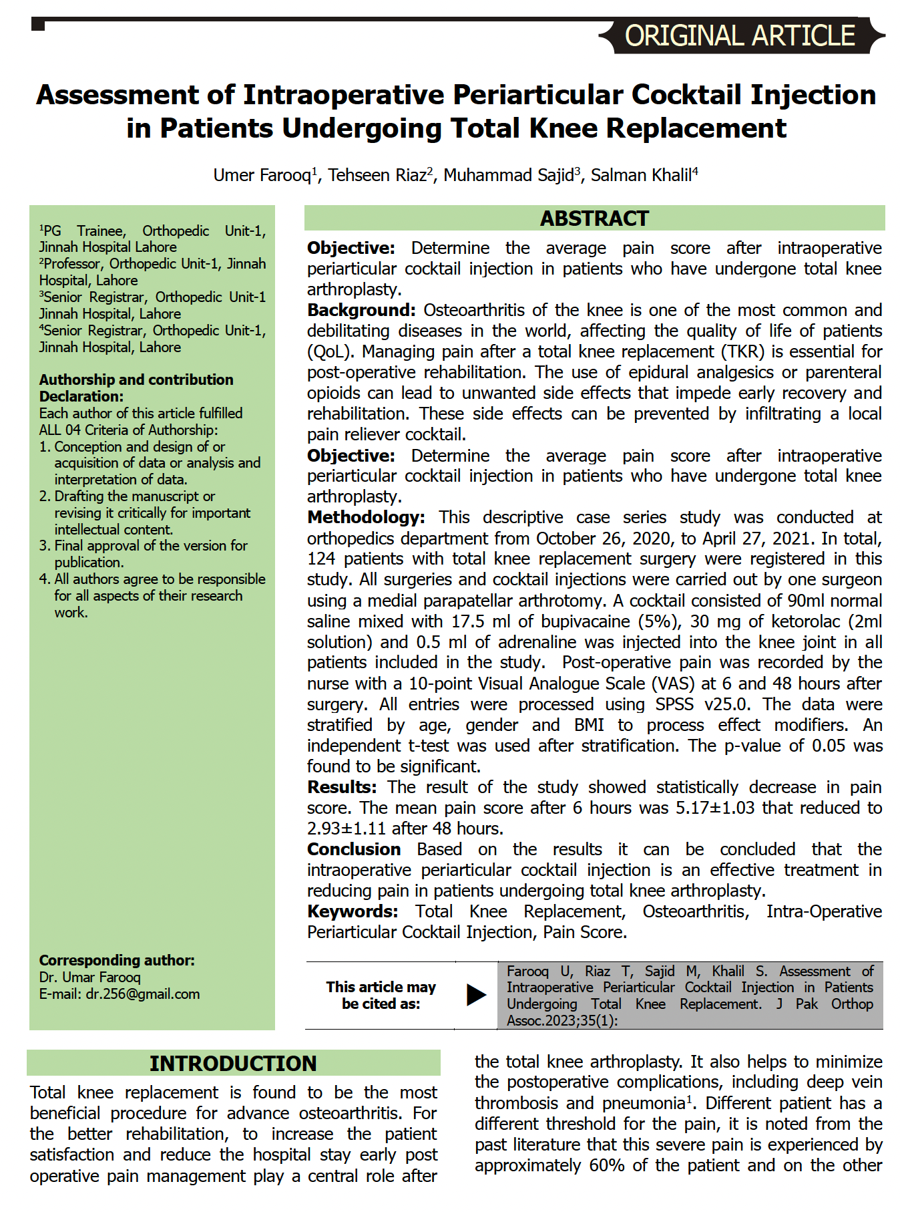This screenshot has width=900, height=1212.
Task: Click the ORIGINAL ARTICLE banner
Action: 740,36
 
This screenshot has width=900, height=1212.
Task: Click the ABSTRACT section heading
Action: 594,218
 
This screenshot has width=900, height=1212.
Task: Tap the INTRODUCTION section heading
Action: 233,1063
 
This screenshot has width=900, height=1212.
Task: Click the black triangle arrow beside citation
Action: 476,995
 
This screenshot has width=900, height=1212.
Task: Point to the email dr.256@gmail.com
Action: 143,994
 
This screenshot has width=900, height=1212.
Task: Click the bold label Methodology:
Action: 366,517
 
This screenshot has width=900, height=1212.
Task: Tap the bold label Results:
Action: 342,787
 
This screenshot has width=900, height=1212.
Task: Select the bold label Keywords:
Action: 353,911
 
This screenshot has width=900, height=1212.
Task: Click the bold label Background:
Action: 361,310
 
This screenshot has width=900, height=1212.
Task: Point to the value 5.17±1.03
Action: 714,808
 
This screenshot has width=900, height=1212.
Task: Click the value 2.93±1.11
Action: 346,828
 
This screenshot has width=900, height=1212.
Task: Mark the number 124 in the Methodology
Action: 321,559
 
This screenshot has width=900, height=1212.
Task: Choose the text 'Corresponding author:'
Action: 117,960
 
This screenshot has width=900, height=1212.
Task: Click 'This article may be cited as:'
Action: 381,995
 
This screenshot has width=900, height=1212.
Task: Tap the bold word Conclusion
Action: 354,849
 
